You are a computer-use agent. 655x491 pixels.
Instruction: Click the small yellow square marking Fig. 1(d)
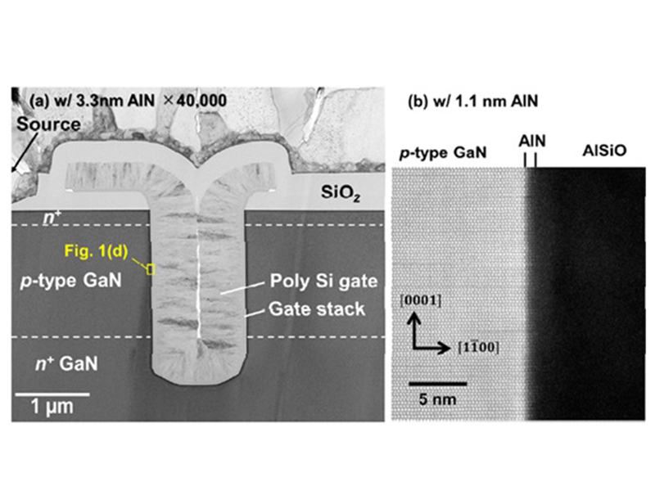(x=151, y=269)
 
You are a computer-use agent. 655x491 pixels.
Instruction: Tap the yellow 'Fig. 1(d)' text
(x=96, y=251)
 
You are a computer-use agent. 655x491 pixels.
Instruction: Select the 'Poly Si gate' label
(x=323, y=281)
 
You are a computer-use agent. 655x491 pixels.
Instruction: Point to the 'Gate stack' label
(x=317, y=309)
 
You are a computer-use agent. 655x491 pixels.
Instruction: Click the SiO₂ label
(x=341, y=192)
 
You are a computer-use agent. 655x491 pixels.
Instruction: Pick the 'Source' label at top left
(x=48, y=124)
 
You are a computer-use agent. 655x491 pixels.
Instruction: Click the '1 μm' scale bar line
(x=52, y=394)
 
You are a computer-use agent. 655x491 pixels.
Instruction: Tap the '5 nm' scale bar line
(x=437, y=383)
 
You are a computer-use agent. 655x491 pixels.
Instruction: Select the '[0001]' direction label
(x=420, y=300)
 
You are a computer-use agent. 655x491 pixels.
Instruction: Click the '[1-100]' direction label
(x=478, y=347)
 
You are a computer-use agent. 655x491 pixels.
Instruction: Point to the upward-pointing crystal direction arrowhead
(x=414, y=318)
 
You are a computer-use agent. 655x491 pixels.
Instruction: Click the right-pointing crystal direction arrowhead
(x=445, y=347)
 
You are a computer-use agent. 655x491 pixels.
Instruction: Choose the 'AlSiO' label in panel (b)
(x=604, y=151)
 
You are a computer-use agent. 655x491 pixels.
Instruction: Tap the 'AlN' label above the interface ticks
(x=531, y=141)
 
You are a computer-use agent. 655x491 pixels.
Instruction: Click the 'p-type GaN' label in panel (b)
(x=443, y=153)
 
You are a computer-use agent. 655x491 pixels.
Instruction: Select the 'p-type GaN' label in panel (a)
(x=71, y=281)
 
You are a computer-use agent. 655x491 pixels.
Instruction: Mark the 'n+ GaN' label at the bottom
(x=66, y=363)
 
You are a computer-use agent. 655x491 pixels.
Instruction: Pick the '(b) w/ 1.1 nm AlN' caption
(x=473, y=101)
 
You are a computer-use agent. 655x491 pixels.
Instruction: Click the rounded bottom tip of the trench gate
(x=198, y=382)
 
